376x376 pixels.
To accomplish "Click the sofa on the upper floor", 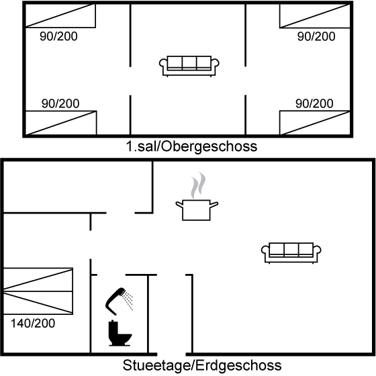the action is click(189, 66).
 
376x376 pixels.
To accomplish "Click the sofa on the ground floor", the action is click(291, 253).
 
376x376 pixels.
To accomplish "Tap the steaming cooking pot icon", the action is click(197, 196).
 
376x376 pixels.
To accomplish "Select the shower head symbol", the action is click(115, 301).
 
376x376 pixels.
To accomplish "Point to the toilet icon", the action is click(120, 333).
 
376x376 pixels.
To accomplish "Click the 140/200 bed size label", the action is click(33, 323).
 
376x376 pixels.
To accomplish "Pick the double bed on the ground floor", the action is click(38, 291).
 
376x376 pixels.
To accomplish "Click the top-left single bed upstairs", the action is click(60, 15).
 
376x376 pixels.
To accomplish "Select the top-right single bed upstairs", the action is click(315, 16).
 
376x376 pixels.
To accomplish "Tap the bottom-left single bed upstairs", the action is click(61, 123).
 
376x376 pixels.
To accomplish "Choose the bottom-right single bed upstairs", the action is click(315, 123).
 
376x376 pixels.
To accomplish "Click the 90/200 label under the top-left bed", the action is click(59, 36).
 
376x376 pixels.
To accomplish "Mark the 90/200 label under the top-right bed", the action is click(316, 36).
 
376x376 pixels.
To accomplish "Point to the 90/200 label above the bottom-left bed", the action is click(60, 103).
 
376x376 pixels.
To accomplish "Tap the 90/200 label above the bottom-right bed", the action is click(314, 103).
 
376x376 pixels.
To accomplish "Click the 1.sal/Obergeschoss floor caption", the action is click(191, 146).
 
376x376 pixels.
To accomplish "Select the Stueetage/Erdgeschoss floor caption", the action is click(202, 365).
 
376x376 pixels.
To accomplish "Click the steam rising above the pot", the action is click(198, 185).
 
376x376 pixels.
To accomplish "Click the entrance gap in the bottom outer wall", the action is click(171, 355).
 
